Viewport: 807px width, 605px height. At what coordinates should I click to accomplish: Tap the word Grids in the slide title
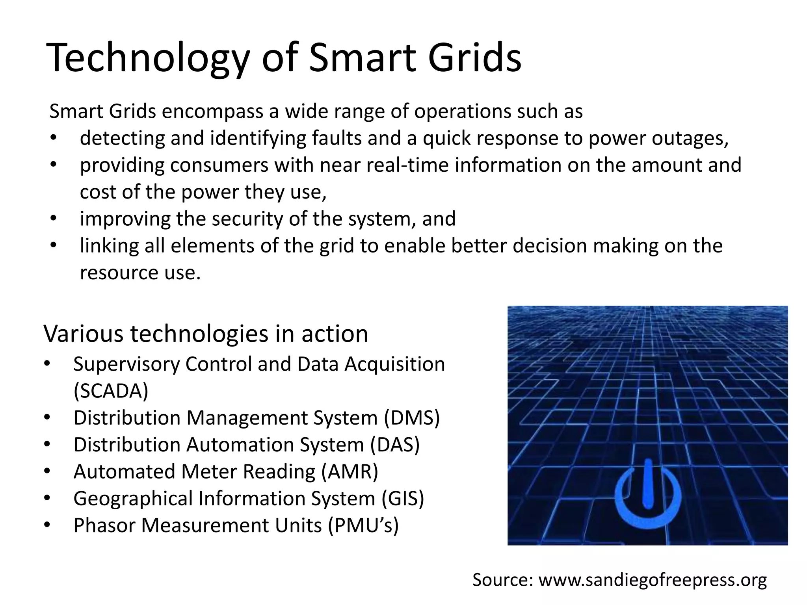pyautogui.click(x=474, y=58)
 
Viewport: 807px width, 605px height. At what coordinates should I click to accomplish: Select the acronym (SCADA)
pyautogui.click(x=111, y=391)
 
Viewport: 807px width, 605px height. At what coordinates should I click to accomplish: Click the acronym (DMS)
pyautogui.click(x=412, y=418)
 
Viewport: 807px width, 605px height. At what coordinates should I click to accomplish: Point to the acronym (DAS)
pyautogui.click(x=395, y=445)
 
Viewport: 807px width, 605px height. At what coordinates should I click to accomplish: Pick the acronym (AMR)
pyautogui.click(x=350, y=471)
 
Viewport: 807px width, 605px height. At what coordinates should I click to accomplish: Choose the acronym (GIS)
pyautogui.click(x=402, y=498)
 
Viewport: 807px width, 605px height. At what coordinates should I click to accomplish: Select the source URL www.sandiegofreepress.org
pyautogui.click(x=653, y=580)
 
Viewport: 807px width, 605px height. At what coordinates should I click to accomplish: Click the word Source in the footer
pyautogui.click(x=503, y=580)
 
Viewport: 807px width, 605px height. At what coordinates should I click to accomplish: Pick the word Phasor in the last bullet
pyautogui.click(x=104, y=525)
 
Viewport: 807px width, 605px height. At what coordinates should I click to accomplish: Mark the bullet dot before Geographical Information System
pyautogui.click(x=47, y=498)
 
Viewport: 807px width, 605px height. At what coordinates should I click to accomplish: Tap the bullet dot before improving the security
pyautogui.click(x=54, y=218)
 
